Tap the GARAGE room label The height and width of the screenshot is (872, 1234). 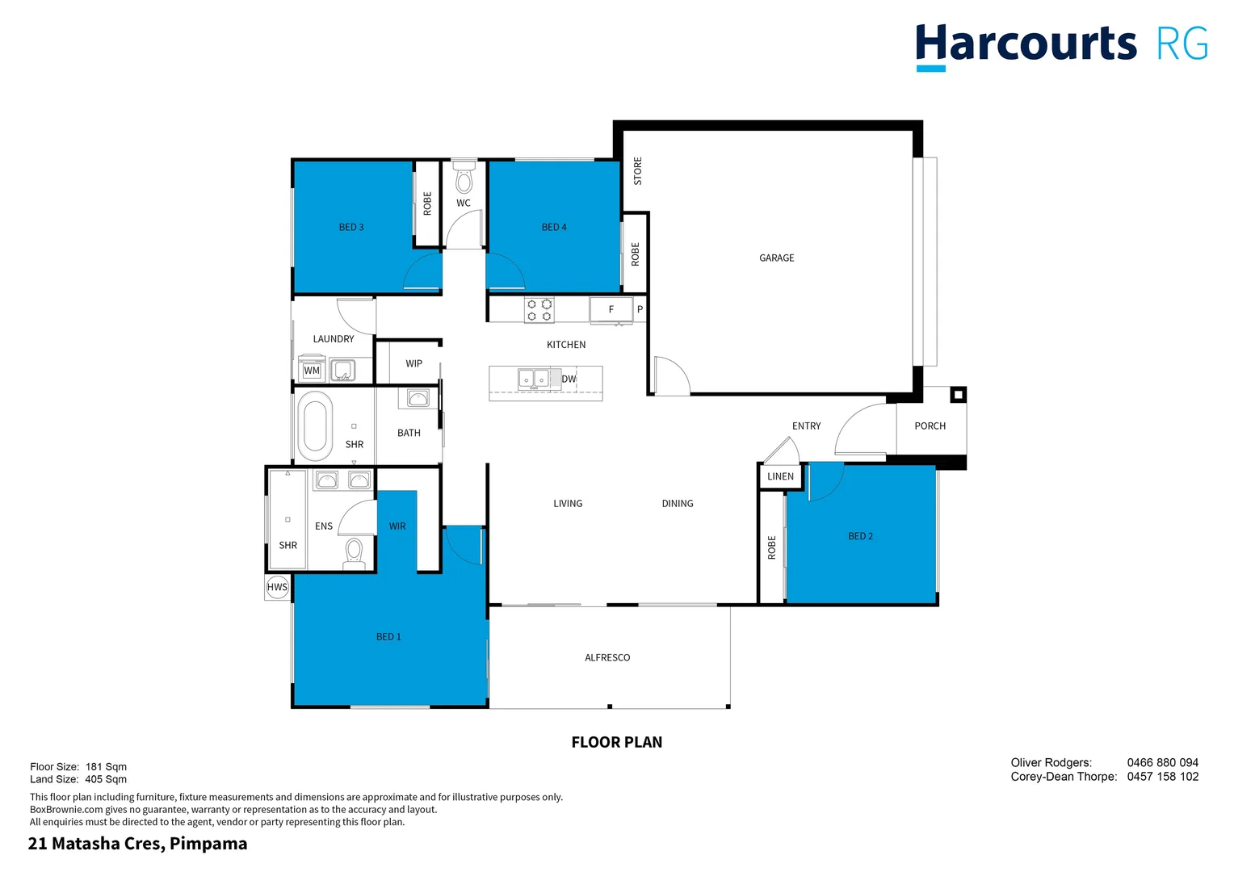[776, 258]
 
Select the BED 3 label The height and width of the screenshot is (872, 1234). [351, 228]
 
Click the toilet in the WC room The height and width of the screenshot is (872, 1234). [464, 179]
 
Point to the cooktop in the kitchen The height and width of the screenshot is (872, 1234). [539, 310]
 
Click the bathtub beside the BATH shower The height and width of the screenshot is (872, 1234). [315, 426]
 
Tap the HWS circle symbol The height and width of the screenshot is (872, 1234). [277, 587]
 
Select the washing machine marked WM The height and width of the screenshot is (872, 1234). [312, 371]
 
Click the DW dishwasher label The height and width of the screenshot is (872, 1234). [569, 379]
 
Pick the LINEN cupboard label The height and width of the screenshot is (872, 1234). [780, 476]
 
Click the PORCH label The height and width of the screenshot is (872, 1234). [930, 426]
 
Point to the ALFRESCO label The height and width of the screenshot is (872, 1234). [607, 658]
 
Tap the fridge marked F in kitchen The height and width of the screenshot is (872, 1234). [611, 310]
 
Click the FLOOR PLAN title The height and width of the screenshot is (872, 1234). [616, 742]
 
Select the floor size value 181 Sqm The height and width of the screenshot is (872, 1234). [106, 767]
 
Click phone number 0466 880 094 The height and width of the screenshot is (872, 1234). [1162, 763]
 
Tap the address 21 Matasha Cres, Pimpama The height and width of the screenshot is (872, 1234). [138, 844]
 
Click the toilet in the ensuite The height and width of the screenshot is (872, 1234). [354, 553]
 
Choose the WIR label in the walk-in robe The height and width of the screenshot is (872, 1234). [397, 526]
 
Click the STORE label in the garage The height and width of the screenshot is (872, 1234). [638, 171]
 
